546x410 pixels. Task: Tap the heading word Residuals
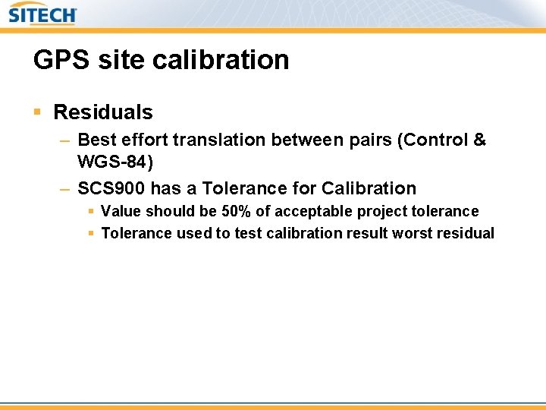coord(103,112)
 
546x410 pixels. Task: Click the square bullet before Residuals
coord(38,112)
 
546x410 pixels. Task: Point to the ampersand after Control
coord(479,140)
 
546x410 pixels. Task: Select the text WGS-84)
coord(115,162)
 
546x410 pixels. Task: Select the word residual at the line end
coord(465,233)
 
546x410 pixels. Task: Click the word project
coord(378,211)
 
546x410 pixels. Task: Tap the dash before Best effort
coord(65,141)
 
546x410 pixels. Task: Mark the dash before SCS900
coord(65,189)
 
